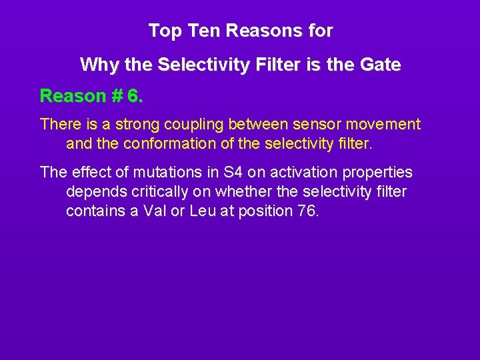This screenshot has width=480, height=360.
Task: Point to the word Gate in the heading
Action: tap(380, 65)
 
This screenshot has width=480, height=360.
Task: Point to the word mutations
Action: tap(164, 173)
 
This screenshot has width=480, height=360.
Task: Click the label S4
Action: tap(231, 173)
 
